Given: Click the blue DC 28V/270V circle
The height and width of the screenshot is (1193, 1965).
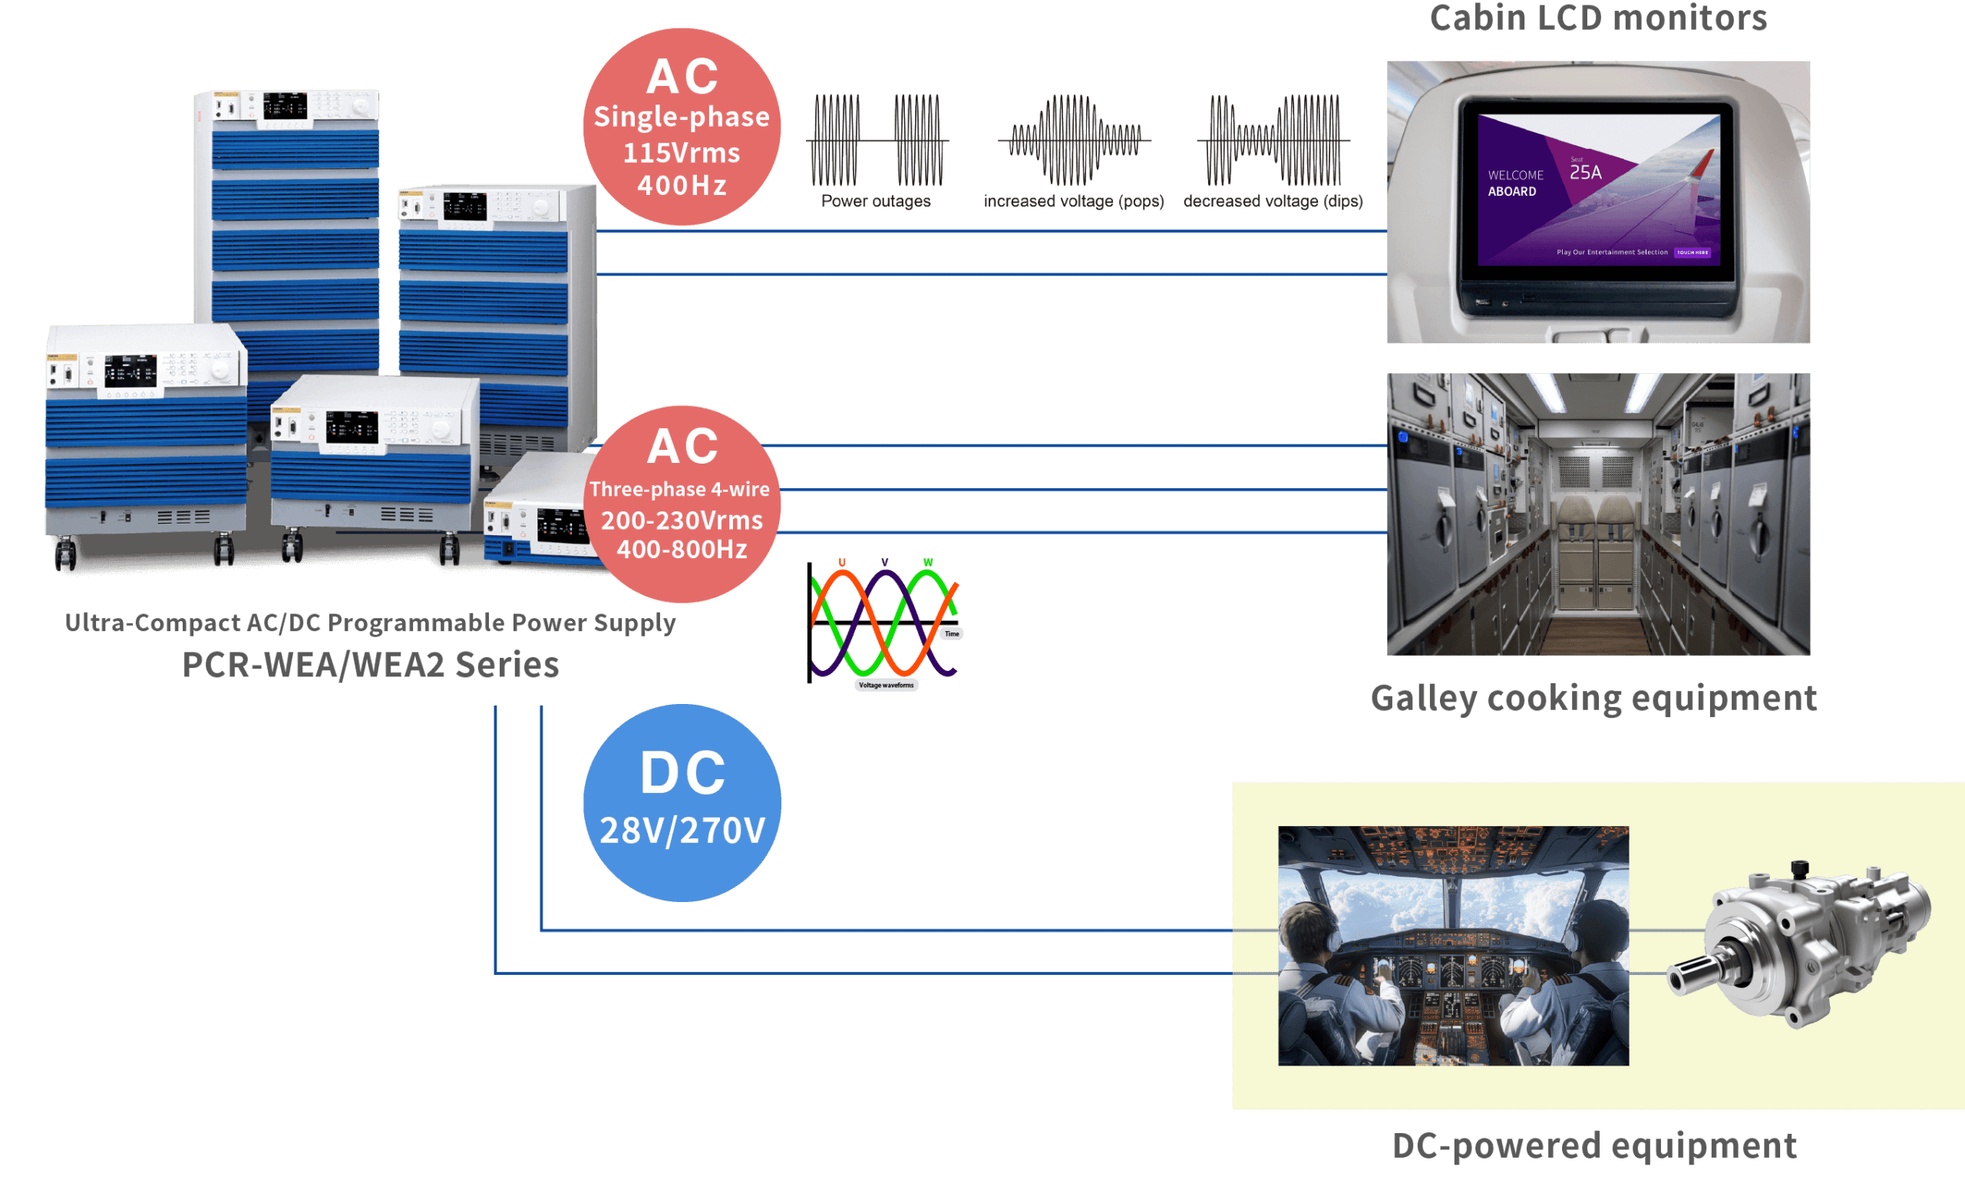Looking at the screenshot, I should pyautogui.click(x=682, y=802).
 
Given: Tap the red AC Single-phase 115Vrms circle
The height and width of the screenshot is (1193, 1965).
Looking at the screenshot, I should pyautogui.click(x=682, y=127).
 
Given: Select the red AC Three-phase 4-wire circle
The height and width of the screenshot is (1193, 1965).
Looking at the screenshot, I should pyautogui.click(x=682, y=504).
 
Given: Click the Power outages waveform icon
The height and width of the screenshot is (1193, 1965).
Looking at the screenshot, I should pyautogui.click(x=877, y=140).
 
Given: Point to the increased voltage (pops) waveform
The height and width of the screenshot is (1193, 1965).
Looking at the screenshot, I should pyautogui.click(x=1073, y=140).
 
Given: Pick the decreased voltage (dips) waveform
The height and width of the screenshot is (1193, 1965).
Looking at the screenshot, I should pyautogui.click(x=1273, y=140).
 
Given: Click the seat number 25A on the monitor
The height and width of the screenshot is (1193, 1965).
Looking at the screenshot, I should pyautogui.click(x=1585, y=171).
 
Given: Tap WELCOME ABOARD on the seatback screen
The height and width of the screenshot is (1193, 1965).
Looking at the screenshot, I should pyautogui.click(x=1514, y=183).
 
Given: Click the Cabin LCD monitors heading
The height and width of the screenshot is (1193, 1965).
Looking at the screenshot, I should pyautogui.click(x=1597, y=18).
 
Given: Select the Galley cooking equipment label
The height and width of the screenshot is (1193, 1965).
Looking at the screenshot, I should pyautogui.click(x=1593, y=698).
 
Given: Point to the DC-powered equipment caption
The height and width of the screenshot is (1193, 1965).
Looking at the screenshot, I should pyautogui.click(x=1593, y=1145).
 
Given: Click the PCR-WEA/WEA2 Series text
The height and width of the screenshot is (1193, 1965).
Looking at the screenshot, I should pyautogui.click(x=371, y=664).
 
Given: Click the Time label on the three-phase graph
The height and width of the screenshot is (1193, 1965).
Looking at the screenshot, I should pyautogui.click(x=951, y=633).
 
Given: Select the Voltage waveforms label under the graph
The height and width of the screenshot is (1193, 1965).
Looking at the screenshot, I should pyautogui.click(x=886, y=685).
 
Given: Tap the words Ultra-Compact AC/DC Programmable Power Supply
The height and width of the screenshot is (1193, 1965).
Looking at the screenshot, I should pyautogui.click(x=370, y=622).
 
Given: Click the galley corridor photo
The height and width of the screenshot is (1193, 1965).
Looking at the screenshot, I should pyautogui.click(x=1597, y=514).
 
